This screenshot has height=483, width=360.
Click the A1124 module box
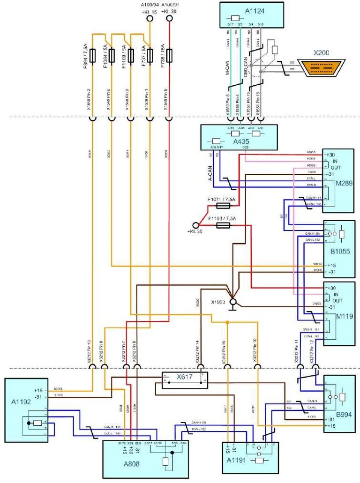[x=252, y=15]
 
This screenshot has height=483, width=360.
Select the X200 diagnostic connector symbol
[x=323, y=68]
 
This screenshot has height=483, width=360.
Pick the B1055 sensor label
[x=340, y=252]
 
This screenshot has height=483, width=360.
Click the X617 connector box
[x=184, y=380]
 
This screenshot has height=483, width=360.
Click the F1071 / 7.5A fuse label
[x=220, y=199]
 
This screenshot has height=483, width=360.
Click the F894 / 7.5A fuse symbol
[x=92, y=55]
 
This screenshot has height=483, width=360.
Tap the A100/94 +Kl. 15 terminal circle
[x=150, y=19]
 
